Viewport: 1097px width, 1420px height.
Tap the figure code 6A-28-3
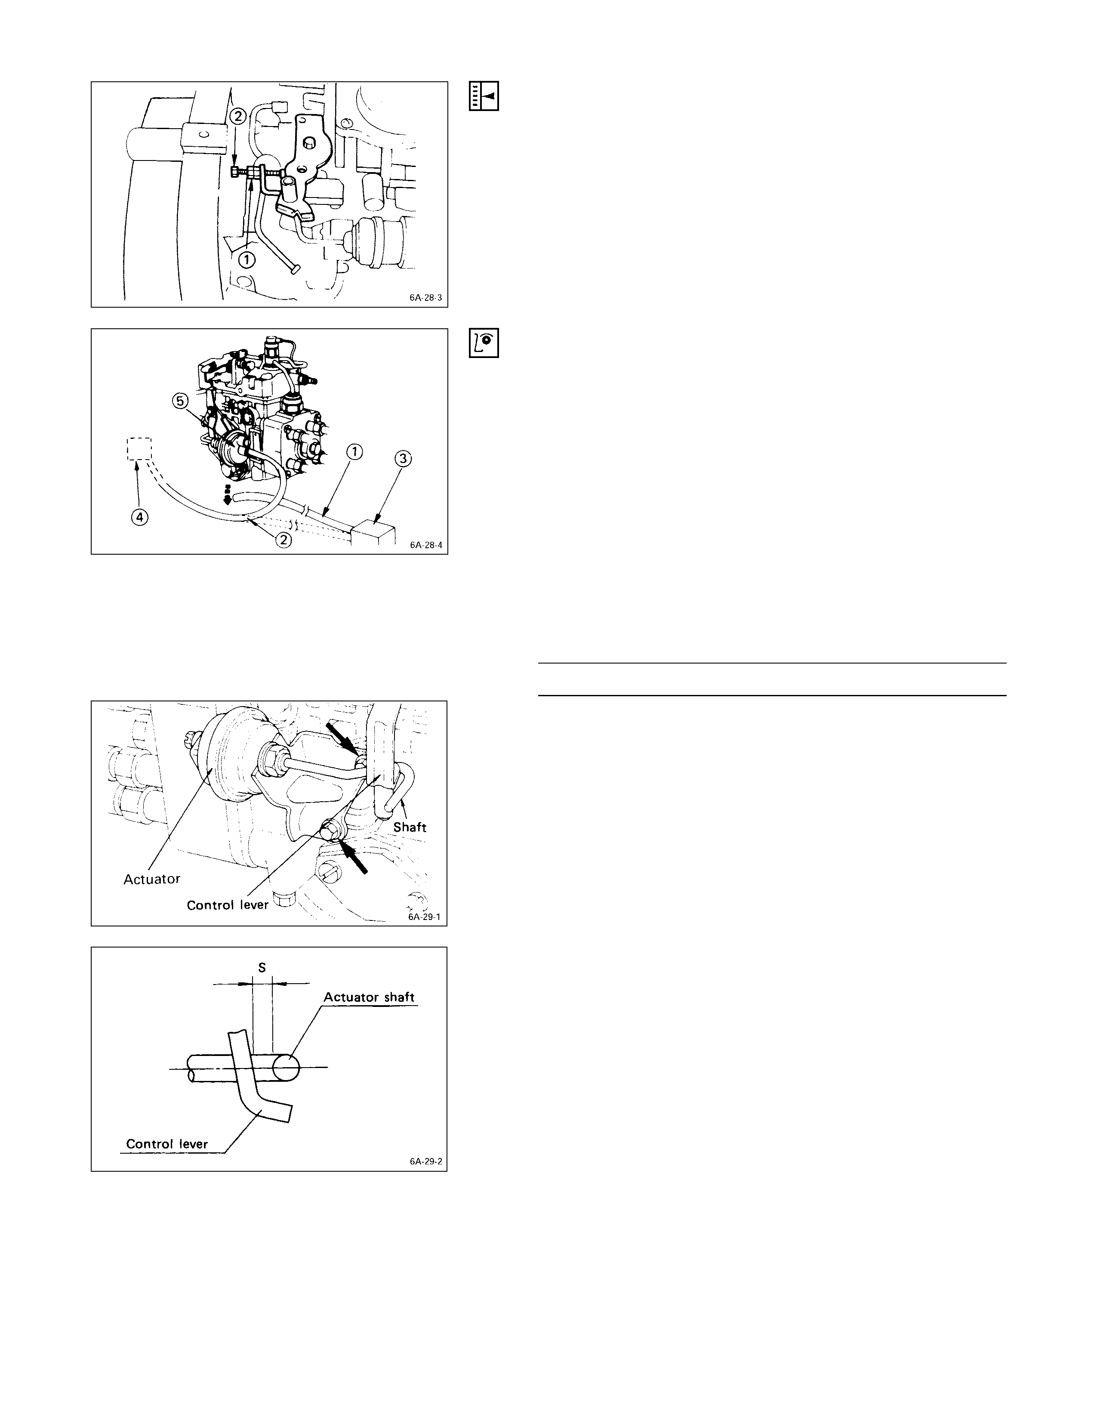coord(425,298)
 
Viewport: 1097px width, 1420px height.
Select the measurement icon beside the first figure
coord(484,96)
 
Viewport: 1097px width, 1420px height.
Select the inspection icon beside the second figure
coord(484,343)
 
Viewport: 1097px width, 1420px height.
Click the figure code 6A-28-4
coord(425,545)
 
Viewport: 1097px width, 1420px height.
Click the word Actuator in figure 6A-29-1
coord(151,879)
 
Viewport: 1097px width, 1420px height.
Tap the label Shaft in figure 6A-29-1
coord(410,827)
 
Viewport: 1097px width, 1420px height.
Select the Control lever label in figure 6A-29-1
coord(228,905)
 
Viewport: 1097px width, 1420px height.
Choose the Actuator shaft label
coord(369,997)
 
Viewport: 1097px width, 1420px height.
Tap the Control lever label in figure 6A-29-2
coord(167,1144)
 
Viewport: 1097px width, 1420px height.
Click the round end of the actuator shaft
coord(287,1067)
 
